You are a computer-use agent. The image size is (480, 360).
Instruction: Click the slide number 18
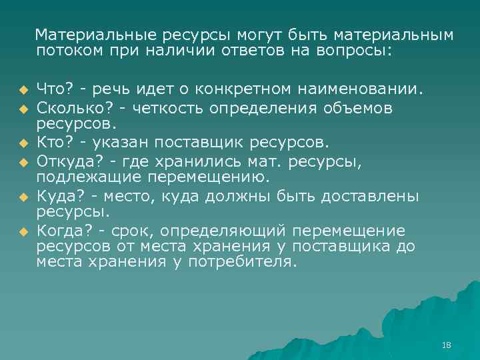(x=447, y=345)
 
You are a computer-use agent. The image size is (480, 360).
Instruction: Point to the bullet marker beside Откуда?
(x=22, y=161)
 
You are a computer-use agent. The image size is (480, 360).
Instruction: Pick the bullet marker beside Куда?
(x=22, y=197)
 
